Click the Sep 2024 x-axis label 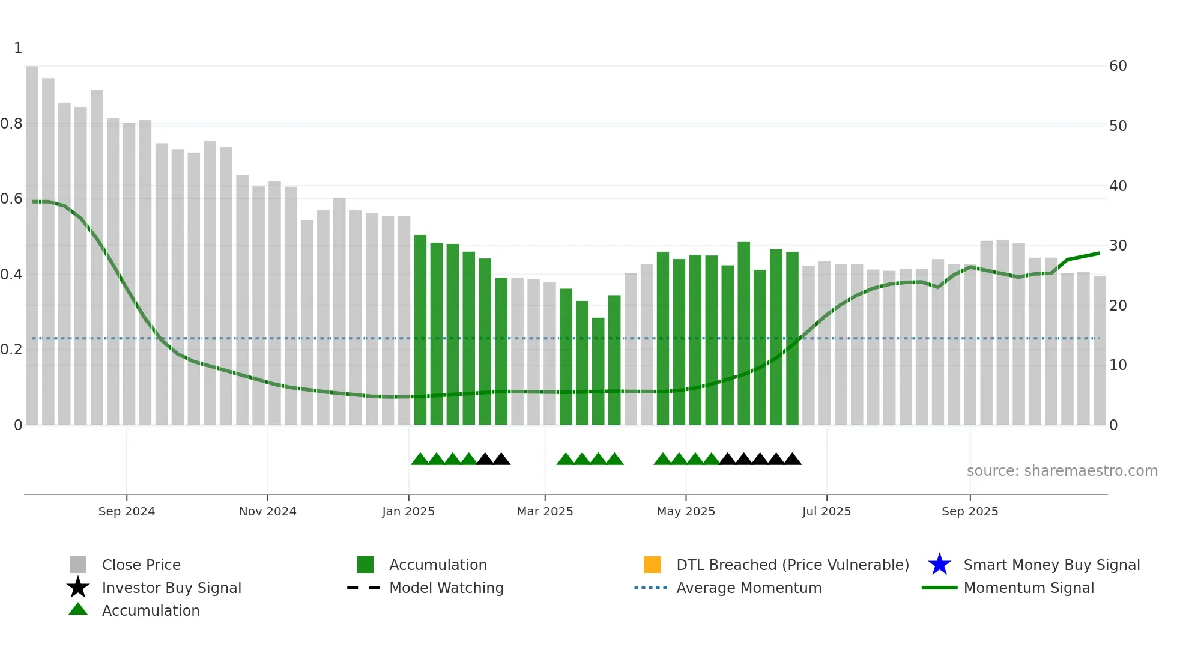point(126,511)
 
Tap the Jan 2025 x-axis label point(408,511)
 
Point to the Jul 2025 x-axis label point(826,511)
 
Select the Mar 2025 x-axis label point(545,511)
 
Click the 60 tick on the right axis point(1118,66)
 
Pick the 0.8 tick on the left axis point(12,124)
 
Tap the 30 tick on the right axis point(1118,246)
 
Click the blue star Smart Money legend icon point(939,565)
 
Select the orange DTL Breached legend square point(652,565)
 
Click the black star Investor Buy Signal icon point(78,588)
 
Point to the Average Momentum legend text point(749,588)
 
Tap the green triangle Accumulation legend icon point(78,609)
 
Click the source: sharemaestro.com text point(1062,471)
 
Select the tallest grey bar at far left point(32,240)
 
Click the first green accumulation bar point(420,330)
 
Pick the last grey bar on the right point(1100,348)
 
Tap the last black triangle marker point(793,460)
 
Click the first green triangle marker point(420,460)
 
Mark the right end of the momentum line point(1099,254)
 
